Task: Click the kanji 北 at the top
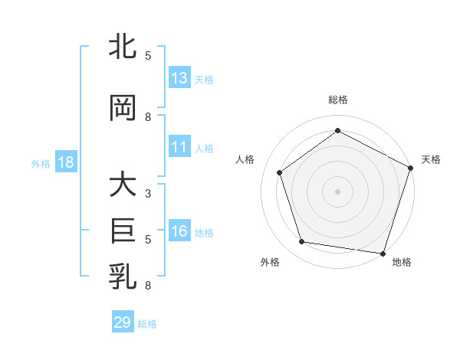click(x=122, y=47)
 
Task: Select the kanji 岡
click(x=122, y=108)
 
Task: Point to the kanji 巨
click(x=122, y=231)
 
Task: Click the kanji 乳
click(x=122, y=277)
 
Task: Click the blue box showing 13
click(x=179, y=78)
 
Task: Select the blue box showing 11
click(x=179, y=147)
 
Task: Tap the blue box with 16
click(x=179, y=231)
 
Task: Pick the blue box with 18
click(x=65, y=162)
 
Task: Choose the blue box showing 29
click(x=122, y=322)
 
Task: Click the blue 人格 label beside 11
click(x=204, y=149)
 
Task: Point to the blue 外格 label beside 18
click(x=41, y=164)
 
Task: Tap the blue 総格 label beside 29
click(x=147, y=324)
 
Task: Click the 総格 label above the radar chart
click(x=337, y=100)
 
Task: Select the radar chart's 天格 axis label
click(x=431, y=159)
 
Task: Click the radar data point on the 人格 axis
click(x=280, y=172)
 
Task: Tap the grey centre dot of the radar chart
click(x=337, y=191)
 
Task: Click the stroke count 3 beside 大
click(x=147, y=194)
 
